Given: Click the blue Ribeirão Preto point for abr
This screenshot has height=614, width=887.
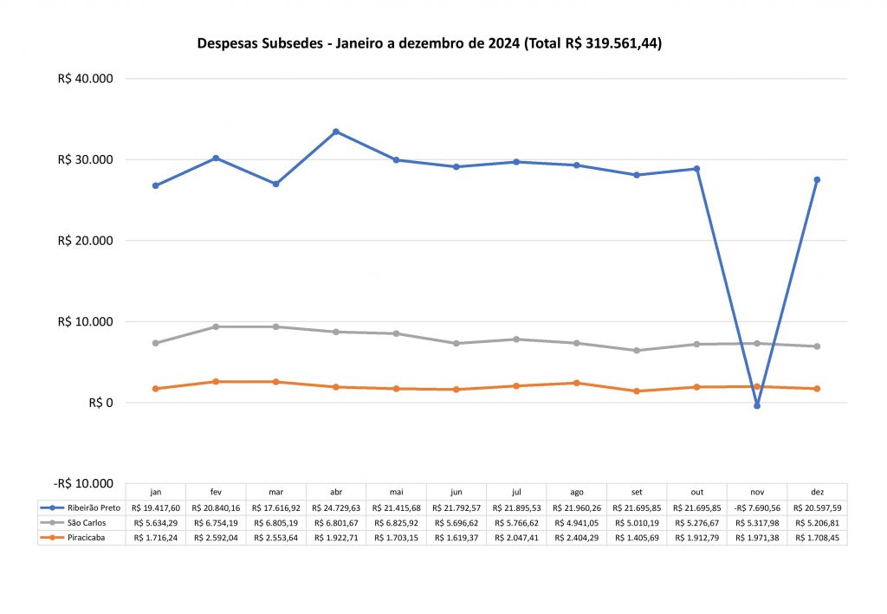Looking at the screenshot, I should pyautogui.click(x=336, y=132).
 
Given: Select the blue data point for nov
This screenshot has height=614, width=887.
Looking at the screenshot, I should pyautogui.click(x=757, y=405).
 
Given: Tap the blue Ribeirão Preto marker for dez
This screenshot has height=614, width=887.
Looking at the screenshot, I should pyautogui.click(x=817, y=179).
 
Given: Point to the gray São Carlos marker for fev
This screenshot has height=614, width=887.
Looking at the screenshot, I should pyautogui.click(x=216, y=326).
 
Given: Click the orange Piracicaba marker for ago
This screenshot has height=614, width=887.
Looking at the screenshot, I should pyautogui.click(x=577, y=383).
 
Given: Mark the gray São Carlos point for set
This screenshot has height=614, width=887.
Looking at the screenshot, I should pyautogui.click(x=637, y=350).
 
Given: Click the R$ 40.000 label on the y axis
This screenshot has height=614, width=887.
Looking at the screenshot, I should pyautogui.click(x=86, y=79).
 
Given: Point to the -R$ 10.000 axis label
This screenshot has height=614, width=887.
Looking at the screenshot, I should pyautogui.click(x=84, y=483).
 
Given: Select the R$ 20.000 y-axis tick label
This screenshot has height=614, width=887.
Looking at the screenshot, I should pyautogui.click(x=86, y=241).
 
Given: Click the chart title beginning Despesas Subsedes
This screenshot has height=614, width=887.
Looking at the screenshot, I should pyautogui.click(x=430, y=43).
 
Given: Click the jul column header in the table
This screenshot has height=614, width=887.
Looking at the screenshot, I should pyautogui.click(x=516, y=492).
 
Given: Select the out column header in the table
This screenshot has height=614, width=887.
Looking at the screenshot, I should pyautogui.click(x=696, y=492).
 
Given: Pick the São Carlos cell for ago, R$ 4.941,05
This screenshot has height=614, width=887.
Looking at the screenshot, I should pyautogui.click(x=577, y=523).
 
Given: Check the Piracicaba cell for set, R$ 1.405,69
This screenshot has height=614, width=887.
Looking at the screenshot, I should pyautogui.click(x=637, y=538).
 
